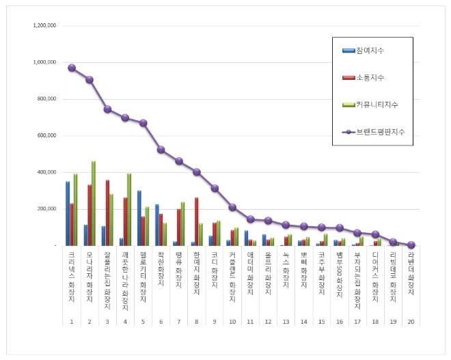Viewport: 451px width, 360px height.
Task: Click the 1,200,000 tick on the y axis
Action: click(x=44, y=26)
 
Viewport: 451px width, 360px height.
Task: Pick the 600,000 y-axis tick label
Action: click(x=46, y=136)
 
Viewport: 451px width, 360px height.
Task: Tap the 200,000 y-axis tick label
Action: click(x=46, y=209)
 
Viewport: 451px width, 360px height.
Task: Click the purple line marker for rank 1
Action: click(x=72, y=68)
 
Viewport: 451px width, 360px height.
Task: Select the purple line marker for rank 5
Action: click(x=143, y=123)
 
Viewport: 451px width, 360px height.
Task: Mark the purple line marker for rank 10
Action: click(x=233, y=207)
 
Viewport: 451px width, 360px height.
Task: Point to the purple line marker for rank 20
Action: click(x=411, y=245)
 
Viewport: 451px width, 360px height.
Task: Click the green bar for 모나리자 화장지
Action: click(x=94, y=204)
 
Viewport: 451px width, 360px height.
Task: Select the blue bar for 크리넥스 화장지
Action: click(x=68, y=213)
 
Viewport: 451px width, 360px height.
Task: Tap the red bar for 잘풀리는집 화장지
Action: click(x=107, y=212)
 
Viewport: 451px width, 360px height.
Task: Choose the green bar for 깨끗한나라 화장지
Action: click(x=129, y=209)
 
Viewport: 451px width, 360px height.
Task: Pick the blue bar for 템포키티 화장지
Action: click(x=139, y=218)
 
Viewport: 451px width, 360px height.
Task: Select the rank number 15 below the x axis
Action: click(x=322, y=321)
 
